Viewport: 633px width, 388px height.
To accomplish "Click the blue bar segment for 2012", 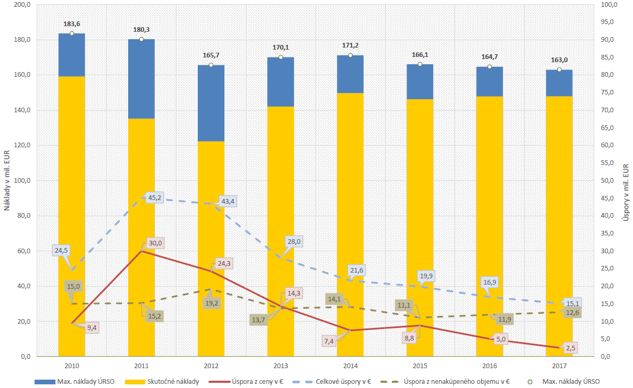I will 211,103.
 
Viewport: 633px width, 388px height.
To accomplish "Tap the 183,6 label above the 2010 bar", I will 72,24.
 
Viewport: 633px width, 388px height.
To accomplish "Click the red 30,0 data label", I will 155,242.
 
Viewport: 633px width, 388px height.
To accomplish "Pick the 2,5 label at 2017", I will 571,347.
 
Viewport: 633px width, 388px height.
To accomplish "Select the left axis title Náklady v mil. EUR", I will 7,180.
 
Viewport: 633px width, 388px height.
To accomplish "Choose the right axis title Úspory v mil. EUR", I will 625,191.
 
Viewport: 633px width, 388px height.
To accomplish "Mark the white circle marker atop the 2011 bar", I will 141,39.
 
